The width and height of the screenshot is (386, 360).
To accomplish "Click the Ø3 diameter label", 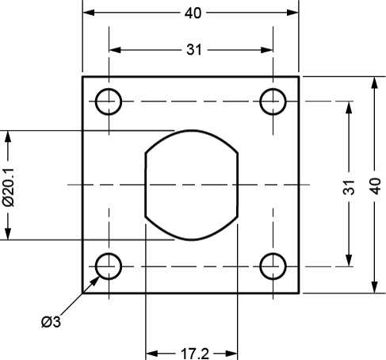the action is pyautogui.click(x=51, y=322).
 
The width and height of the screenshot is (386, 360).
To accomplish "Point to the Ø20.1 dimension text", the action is pyautogui.click(x=9, y=187).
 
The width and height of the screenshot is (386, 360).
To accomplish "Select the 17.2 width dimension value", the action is pyautogui.click(x=195, y=354).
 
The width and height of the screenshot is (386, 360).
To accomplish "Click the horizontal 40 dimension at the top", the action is pyautogui.click(x=193, y=13).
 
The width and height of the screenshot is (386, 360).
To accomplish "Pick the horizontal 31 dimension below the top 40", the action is pyautogui.click(x=194, y=50).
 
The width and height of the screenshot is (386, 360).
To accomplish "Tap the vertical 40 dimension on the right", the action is pyautogui.click(x=375, y=186).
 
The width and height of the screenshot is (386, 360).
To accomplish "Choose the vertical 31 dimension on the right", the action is pyautogui.click(x=349, y=187).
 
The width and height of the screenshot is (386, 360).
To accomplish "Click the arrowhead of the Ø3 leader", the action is pyautogui.click(x=95, y=281).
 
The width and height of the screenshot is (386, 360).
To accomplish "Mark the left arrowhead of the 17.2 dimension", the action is pyautogui.click(x=151, y=354).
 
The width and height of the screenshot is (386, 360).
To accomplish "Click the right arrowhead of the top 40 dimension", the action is pyautogui.click(x=292, y=13).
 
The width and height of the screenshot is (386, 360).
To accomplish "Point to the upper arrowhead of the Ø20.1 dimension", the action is pyautogui.click(x=8, y=136).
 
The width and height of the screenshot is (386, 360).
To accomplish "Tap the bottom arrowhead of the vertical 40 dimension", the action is pyautogui.click(x=374, y=287).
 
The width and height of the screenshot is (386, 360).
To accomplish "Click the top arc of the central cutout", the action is pyautogui.click(x=192, y=131).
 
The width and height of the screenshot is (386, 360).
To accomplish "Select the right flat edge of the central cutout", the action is pyautogui.click(x=238, y=185).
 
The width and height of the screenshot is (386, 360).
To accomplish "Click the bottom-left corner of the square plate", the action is pyautogui.click(x=82, y=293).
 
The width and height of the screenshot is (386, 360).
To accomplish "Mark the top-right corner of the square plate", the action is pyautogui.click(x=299, y=77).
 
